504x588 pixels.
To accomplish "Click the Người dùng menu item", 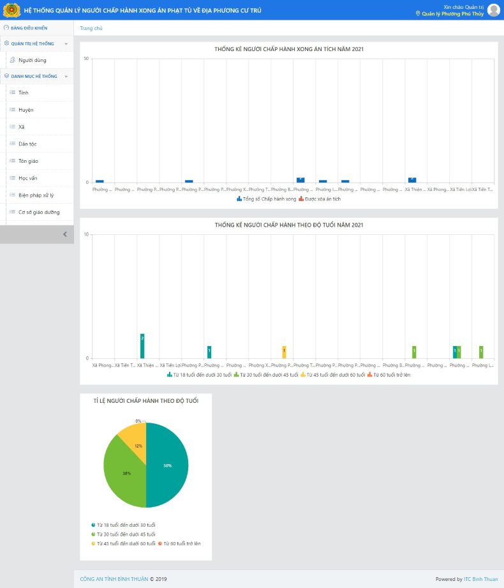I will tap(32, 60).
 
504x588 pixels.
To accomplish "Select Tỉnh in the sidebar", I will tap(24, 93).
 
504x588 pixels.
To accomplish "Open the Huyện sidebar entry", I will tap(26, 110).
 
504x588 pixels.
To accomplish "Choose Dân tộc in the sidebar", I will tap(27, 144).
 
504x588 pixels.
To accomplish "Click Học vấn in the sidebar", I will tap(28, 178).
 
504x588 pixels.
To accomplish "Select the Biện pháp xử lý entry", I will tap(36, 195).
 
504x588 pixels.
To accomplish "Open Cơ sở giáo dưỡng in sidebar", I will tap(39, 212).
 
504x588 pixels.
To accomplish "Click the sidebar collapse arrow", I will tap(64, 234).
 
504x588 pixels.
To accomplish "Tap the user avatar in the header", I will tap(493, 10).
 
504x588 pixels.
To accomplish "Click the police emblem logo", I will tap(11, 10).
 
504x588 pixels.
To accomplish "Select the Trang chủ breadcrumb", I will tap(91, 28).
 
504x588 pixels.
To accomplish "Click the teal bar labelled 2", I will tap(142, 345).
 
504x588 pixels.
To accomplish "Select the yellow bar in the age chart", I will tap(284, 352).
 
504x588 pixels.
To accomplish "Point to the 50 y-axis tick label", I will tap(86, 59).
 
